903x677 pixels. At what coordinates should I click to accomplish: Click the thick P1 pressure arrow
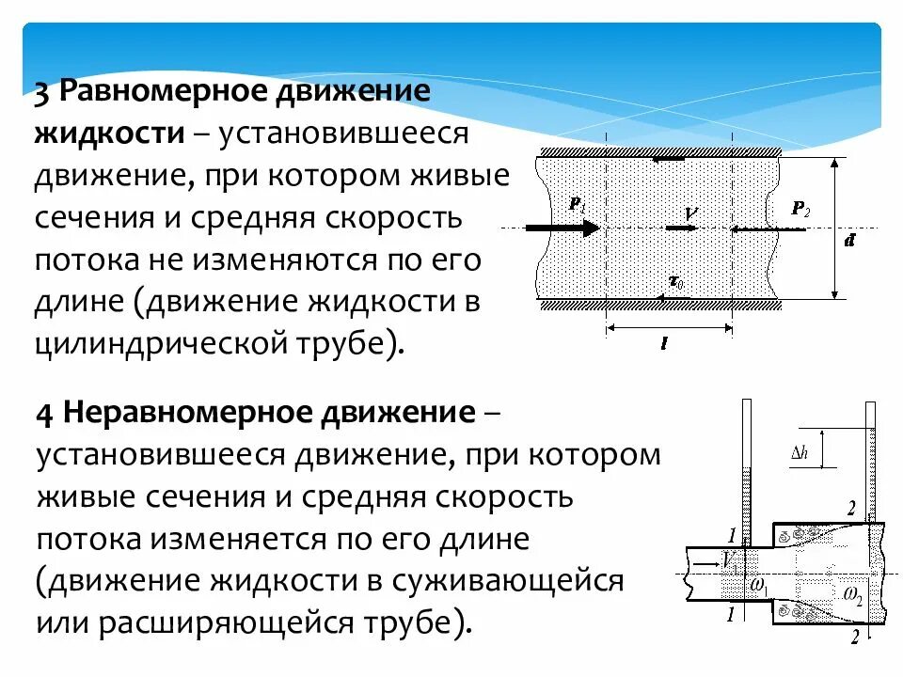[562, 228]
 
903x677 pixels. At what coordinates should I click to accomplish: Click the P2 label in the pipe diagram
[800, 210]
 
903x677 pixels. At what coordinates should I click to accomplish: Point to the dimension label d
[849, 242]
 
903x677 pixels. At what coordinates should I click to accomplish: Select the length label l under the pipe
[664, 344]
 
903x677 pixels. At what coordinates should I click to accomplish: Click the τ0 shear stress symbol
[674, 280]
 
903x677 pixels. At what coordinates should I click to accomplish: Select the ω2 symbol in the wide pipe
[852, 593]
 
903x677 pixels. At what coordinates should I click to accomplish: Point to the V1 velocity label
[728, 559]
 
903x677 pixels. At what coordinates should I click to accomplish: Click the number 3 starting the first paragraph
[43, 94]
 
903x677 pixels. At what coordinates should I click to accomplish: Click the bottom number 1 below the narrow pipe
[733, 614]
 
